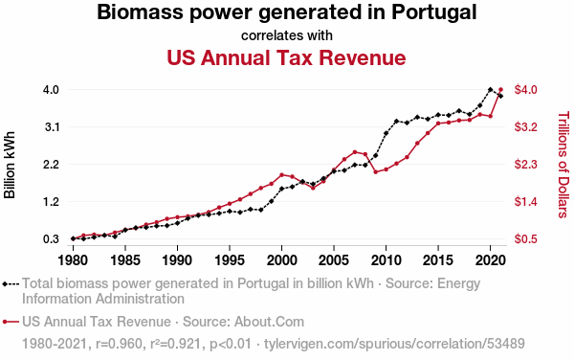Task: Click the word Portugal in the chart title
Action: click(434, 12)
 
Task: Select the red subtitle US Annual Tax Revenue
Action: click(286, 57)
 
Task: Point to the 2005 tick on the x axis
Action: click(334, 260)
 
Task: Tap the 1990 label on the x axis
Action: click(177, 260)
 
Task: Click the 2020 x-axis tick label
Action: click(490, 260)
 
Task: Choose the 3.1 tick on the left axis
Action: click(52, 127)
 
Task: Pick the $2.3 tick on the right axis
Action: click(525, 164)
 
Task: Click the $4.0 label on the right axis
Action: click(525, 89)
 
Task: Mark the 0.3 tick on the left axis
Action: click(52, 239)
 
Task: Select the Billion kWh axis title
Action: click(10, 165)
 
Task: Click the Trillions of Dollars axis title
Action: click(563, 165)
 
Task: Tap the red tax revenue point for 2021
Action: click(500, 89)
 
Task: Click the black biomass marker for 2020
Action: click(490, 89)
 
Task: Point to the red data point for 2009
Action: click(376, 171)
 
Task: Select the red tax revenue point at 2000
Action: click(281, 174)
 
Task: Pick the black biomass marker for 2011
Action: click(396, 121)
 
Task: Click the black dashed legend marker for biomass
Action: click(11, 283)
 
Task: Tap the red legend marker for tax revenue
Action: click(11, 322)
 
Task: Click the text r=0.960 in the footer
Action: click(119, 344)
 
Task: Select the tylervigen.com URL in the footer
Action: click(394, 344)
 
